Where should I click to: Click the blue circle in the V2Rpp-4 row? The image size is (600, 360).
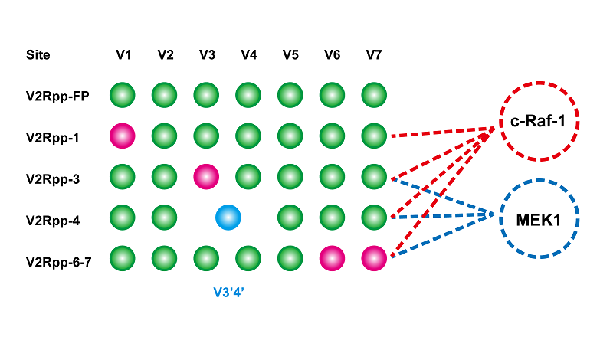tap(228, 218)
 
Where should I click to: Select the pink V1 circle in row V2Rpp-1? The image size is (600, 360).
tap(123, 136)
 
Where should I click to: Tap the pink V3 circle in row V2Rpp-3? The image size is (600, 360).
tap(206, 176)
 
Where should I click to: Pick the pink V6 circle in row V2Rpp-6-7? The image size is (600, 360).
tap(332, 259)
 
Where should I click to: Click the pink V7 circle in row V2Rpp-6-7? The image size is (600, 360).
tap(373, 259)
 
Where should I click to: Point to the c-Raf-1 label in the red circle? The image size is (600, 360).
tap(539, 123)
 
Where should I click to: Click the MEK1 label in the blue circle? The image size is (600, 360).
tap(539, 219)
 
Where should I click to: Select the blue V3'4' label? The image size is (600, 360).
tap(228, 291)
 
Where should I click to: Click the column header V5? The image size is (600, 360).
tap(290, 54)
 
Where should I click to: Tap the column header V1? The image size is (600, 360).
tap(123, 54)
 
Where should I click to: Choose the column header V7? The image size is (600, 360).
tap(373, 54)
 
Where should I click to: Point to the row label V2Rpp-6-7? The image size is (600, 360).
tap(59, 260)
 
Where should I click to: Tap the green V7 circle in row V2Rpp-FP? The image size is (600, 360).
tap(373, 96)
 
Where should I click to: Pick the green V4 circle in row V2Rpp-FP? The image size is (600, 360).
tap(248, 96)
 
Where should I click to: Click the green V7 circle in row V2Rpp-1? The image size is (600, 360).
tap(373, 136)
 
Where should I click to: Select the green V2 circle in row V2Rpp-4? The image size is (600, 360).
tap(165, 218)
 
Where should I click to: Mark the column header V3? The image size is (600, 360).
tap(206, 54)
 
